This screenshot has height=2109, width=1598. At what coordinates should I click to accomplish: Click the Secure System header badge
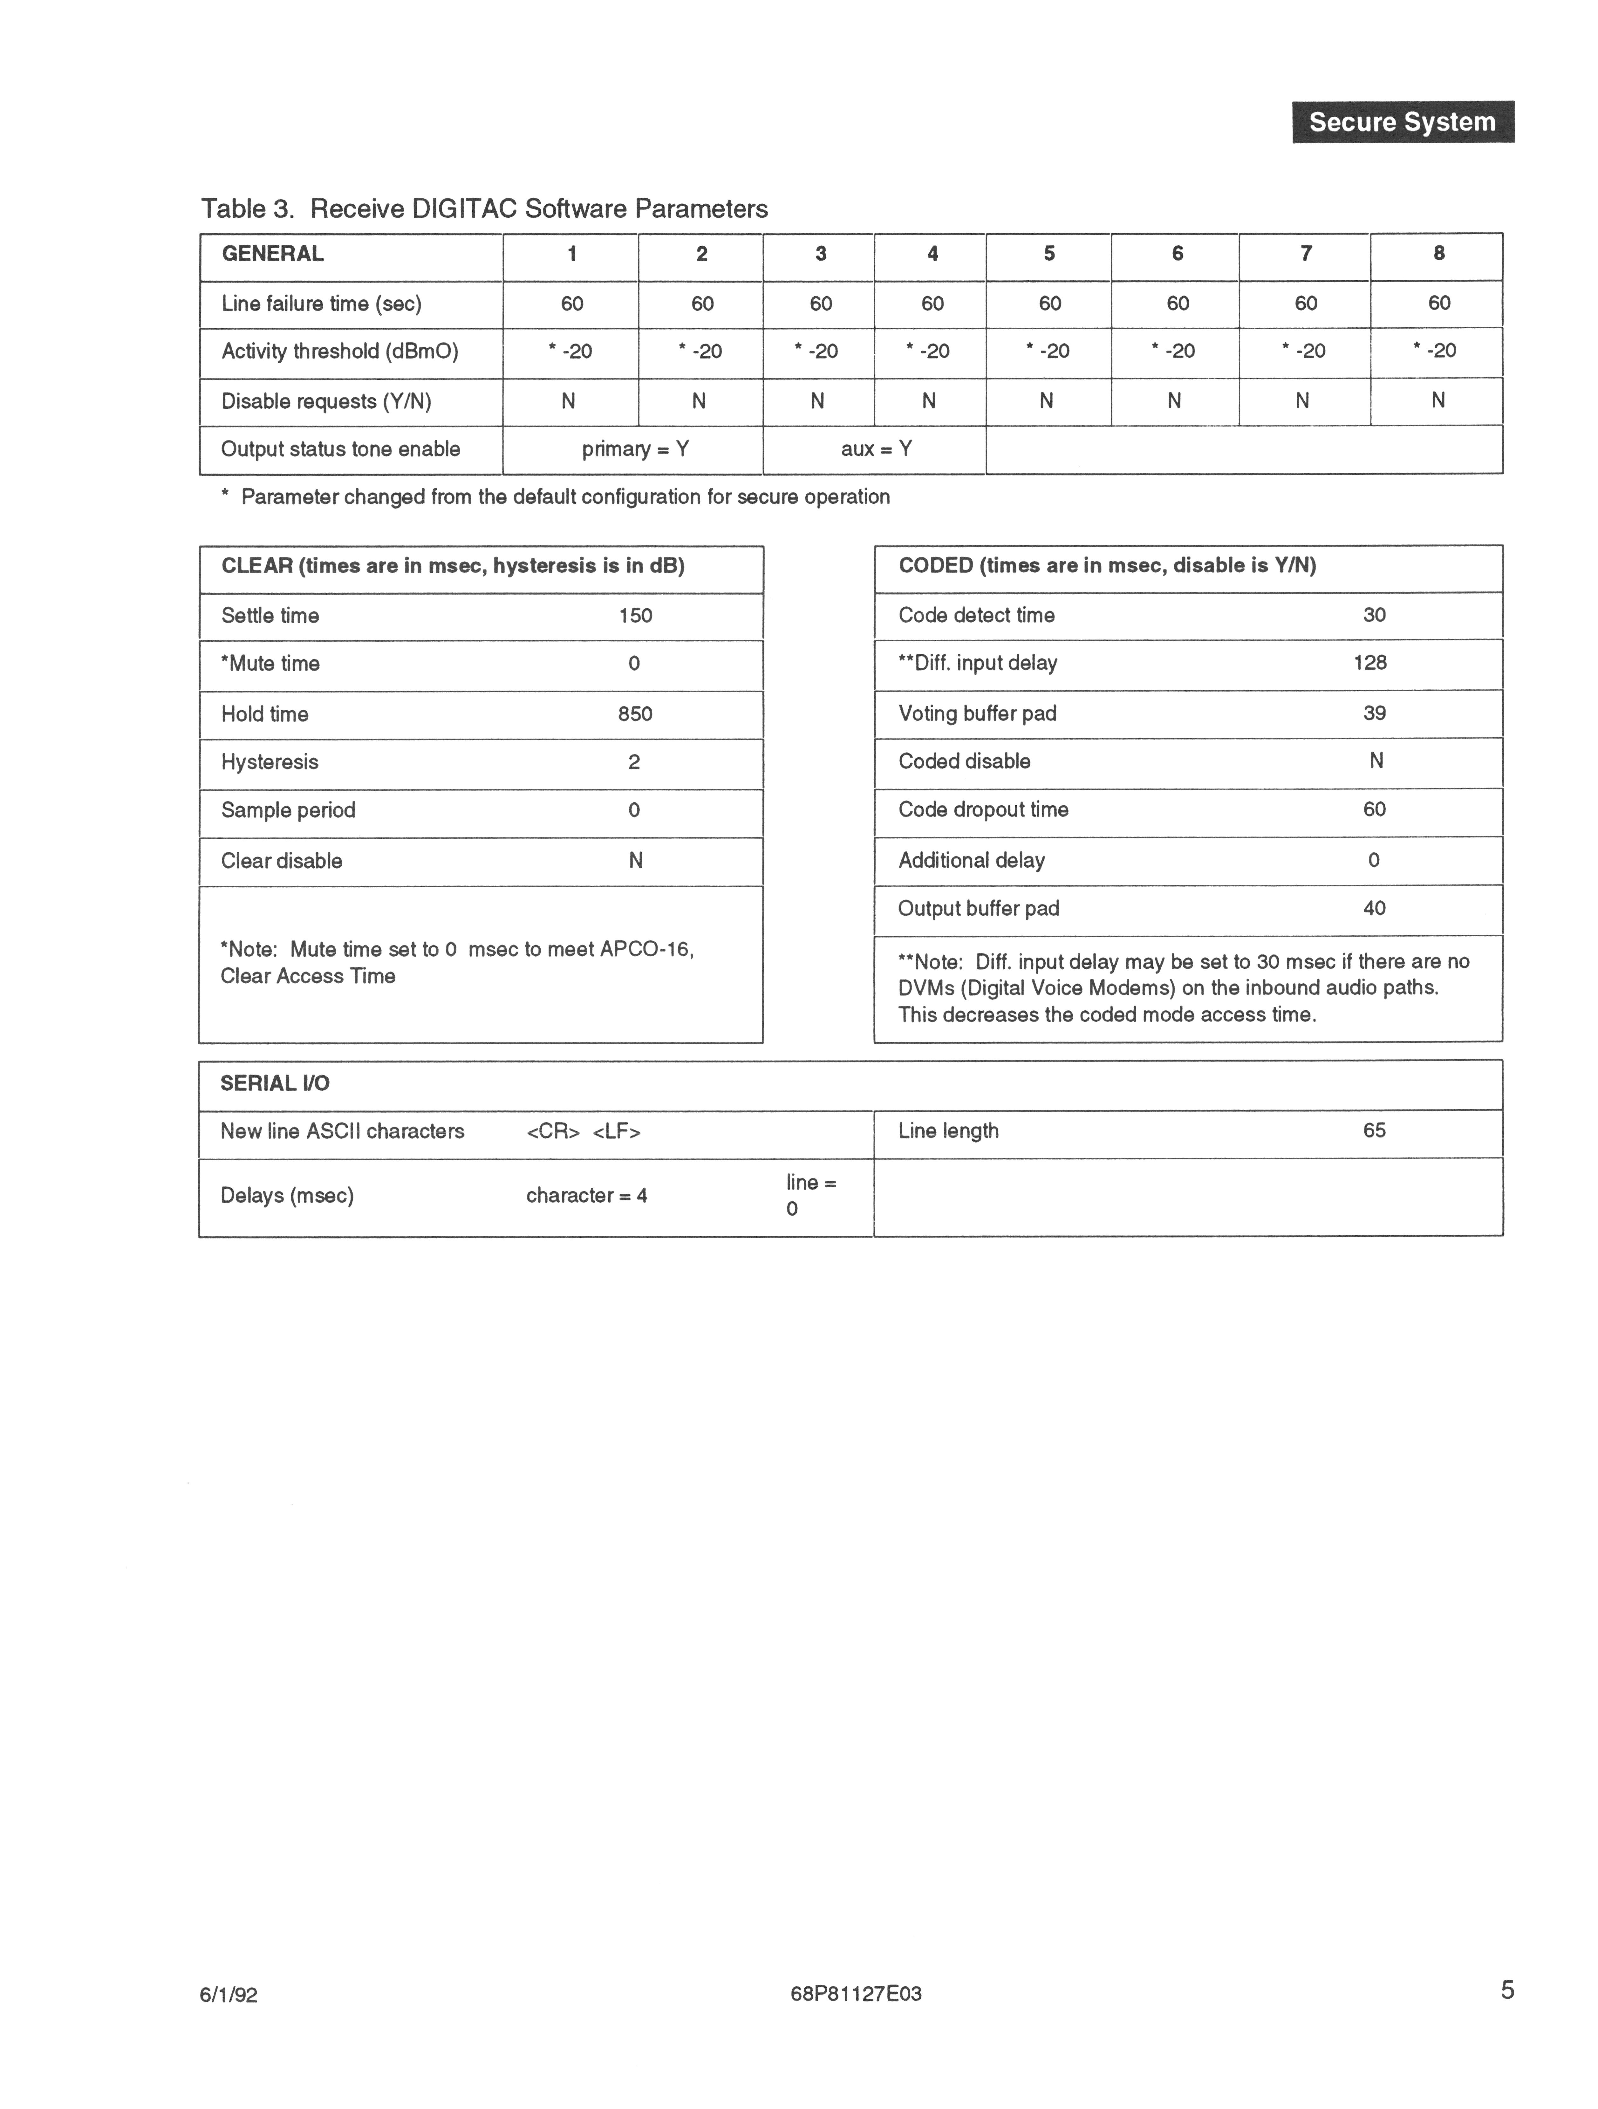click(1403, 122)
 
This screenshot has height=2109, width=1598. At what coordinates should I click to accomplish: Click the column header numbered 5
click(1049, 254)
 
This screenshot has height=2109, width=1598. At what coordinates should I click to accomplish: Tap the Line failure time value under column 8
click(1439, 303)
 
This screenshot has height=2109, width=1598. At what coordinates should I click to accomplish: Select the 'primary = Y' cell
click(635, 449)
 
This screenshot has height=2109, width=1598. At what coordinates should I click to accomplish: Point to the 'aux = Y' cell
click(875, 449)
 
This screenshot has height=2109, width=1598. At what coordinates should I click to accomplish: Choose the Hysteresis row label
click(270, 762)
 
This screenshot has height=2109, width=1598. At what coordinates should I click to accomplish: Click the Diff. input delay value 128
click(1370, 663)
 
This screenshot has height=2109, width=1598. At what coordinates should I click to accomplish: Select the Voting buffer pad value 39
click(1374, 713)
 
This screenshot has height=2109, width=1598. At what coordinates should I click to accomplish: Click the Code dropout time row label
click(983, 809)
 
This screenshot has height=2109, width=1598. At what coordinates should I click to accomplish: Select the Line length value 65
click(1374, 1131)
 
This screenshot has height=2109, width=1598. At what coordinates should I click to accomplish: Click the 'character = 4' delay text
click(586, 1196)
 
